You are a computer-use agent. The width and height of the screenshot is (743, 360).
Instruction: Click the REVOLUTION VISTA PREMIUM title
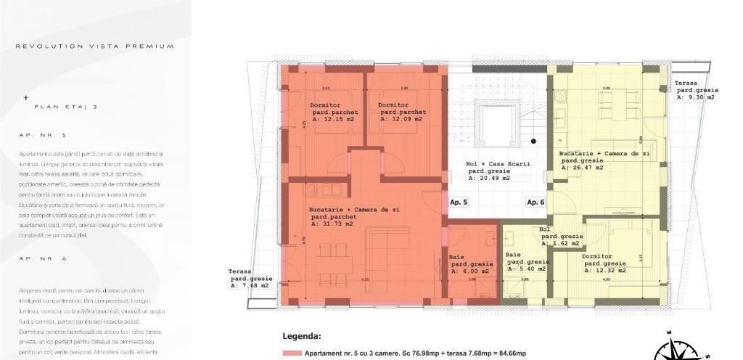click(x=95, y=46)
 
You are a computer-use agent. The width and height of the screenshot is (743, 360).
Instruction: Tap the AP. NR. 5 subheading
click(x=43, y=136)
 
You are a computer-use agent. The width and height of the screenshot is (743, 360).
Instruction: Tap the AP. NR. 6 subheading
click(x=43, y=258)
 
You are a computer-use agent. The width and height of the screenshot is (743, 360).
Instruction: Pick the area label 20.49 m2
click(x=488, y=177)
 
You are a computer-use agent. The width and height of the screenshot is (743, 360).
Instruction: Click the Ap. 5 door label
click(x=459, y=202)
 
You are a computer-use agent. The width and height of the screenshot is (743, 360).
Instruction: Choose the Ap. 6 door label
click(x=535, y=202)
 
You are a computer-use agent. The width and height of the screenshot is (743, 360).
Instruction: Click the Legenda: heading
click(x=301, y=337)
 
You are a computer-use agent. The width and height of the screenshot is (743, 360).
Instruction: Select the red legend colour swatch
click(x=292, y=353)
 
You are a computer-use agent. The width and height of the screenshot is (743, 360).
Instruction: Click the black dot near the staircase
click(x=533, y=141)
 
